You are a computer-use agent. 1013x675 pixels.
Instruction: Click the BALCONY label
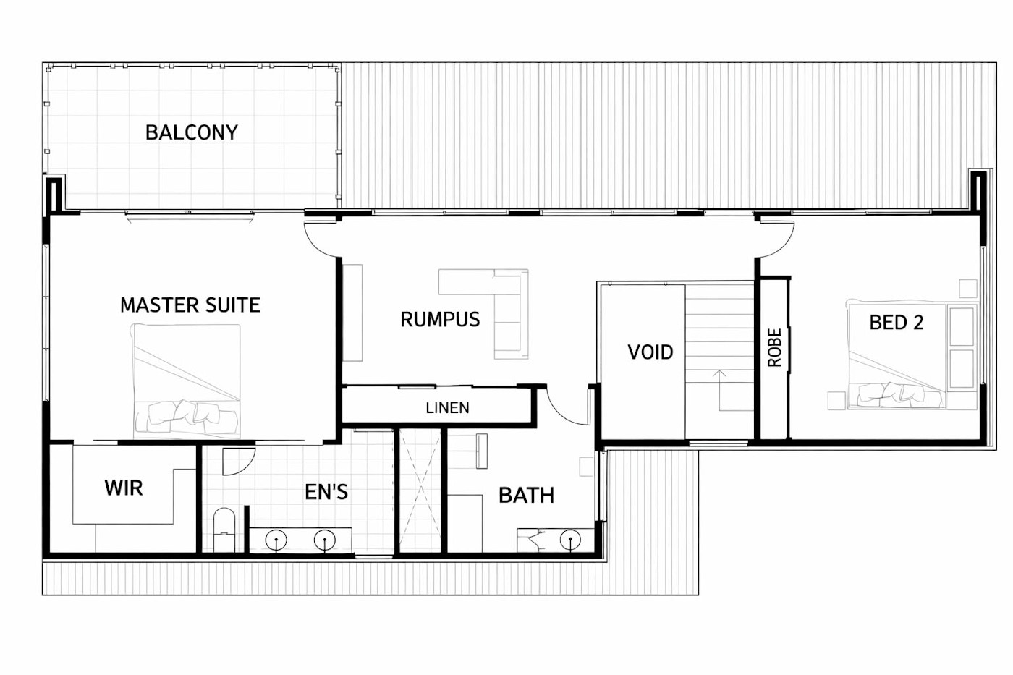coord(191,133)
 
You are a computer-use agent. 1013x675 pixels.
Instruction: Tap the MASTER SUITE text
coord(190,305)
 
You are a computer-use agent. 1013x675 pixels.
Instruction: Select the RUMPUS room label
coord(440,320)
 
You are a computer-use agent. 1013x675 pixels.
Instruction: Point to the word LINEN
coord(447,408)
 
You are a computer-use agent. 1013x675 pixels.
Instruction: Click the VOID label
coord(650,352)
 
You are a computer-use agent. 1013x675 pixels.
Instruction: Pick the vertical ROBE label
coord(775,347)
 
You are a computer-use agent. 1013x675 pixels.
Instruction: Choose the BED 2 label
coord(896,323)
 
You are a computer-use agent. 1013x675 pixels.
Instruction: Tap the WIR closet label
coord(124,488)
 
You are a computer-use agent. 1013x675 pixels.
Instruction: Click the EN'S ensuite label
coord(326,492)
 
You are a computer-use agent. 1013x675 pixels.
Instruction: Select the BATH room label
coord(526,496)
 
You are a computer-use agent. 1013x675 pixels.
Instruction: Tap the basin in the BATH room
coord(570,540)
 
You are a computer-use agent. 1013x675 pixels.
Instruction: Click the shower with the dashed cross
coord(420,491)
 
